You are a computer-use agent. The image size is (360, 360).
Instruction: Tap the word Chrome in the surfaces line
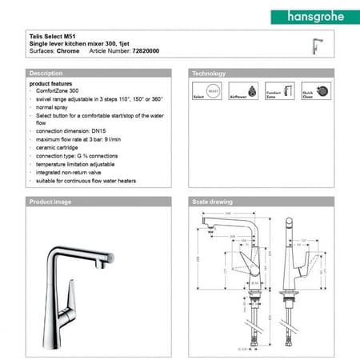(x=68, y=50)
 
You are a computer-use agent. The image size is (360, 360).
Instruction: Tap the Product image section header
(x=50, y=202)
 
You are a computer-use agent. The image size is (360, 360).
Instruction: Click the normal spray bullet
(x=53, y=106)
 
